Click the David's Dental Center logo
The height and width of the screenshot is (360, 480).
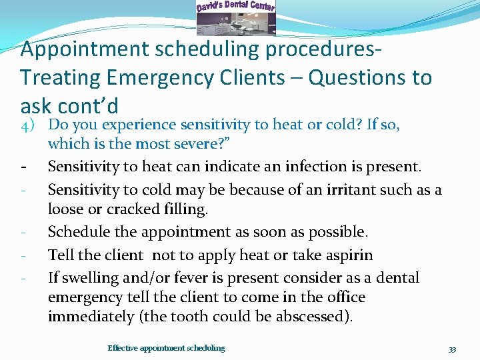pos(235,17)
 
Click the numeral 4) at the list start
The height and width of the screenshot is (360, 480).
pos(30,125)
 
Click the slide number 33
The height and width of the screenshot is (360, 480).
pos(452,349)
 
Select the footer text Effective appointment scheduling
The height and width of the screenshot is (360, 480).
pos(166,348)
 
